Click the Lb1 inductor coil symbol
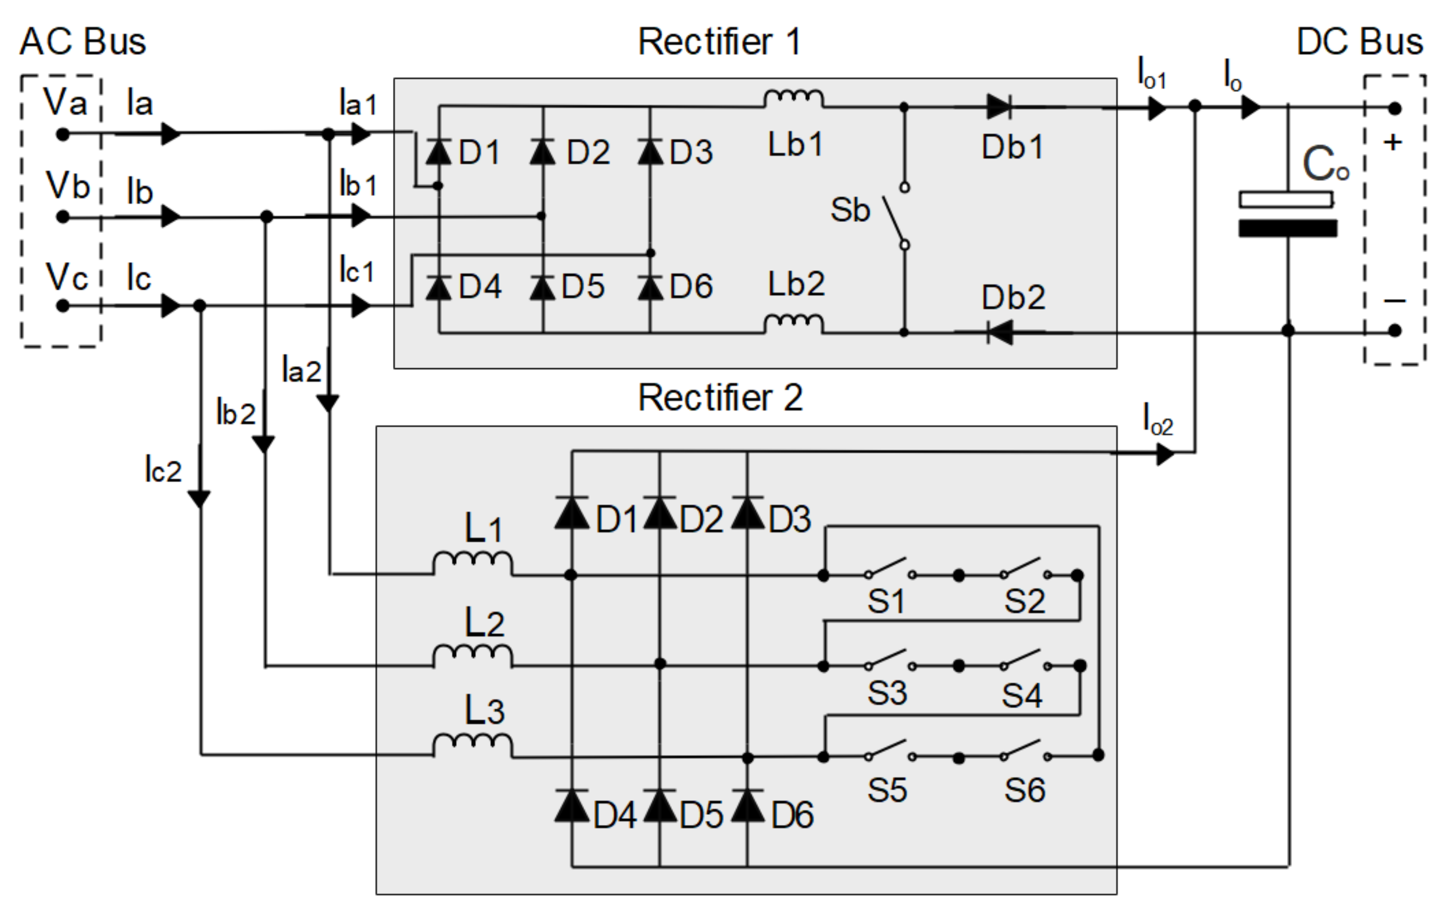pyautogui.click(x=793, y=99)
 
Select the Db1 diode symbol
pyautogui.click(x=999, y=107)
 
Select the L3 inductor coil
pyautogui.click(x=473, y=745)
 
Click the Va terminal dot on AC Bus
pyautogui.click(x=62, y=134)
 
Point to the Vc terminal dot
pyautogui.click(x=62, y=306)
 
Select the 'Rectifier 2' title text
pyautogui.click(x=719, y=398)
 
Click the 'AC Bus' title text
pyautogui.click(x=83, y=41)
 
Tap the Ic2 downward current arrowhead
pyautogui.click(x=199, y=498)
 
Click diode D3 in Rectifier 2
pyautogui.click(x=747, y=513)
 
